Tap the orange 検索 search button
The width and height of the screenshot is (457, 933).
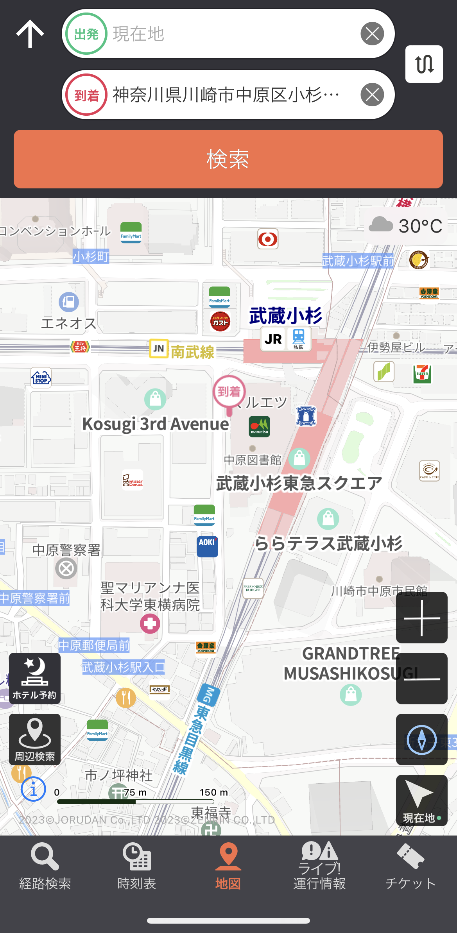coord(228,159)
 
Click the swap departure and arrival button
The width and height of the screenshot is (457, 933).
coord(424,64)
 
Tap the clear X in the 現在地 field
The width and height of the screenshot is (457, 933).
coord(372,34)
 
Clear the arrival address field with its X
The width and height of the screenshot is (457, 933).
coord(372,95)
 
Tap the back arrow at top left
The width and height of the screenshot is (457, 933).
coord(30,34)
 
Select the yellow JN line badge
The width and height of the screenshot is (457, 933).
coord(159,348)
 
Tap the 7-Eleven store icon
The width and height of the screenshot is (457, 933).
coord(422,374)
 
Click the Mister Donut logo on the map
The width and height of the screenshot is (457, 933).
coord(133,480)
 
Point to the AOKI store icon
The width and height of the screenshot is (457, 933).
coord(207,546)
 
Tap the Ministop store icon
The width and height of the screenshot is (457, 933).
coord(41,378)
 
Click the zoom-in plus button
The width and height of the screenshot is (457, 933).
coord(421,618)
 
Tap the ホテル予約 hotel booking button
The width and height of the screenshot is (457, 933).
coord(35,679)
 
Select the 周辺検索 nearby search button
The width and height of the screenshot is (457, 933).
coord(35,740)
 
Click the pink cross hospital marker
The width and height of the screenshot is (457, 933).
coord(150,623)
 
